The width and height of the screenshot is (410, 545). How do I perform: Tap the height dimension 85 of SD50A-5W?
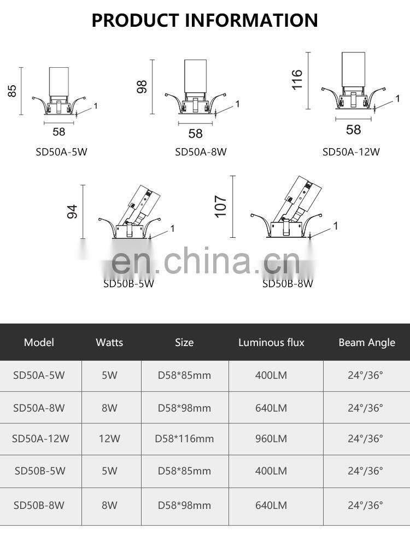coord(12,91)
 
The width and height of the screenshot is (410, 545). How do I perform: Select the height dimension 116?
coord(297,80)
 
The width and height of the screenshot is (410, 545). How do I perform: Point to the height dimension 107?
coord(220,207)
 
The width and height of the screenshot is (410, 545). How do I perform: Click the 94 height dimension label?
coord(72,212)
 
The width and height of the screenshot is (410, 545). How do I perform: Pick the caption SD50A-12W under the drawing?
coord(350,152)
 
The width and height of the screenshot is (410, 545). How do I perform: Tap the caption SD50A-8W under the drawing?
coord(201,152)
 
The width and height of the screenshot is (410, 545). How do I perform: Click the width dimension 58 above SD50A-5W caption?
coord(58,132)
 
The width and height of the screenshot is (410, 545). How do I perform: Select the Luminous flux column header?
coord(271,343)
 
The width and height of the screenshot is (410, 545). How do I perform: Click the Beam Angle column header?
coord(366,343)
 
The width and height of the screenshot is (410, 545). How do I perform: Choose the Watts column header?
coord(109,343)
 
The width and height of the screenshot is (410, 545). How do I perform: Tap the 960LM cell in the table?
coord(271,438)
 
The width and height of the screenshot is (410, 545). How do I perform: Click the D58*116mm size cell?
coord(184,438)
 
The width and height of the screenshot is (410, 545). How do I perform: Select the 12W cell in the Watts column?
coord(109,438)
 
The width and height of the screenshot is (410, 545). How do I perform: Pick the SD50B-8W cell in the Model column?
coord(39,505)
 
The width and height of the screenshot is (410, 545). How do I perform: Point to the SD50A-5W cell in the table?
coord(39,376)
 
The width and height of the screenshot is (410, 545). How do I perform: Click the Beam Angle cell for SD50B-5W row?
coord(365,471)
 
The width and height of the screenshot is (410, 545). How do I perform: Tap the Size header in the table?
coord(184,343)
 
